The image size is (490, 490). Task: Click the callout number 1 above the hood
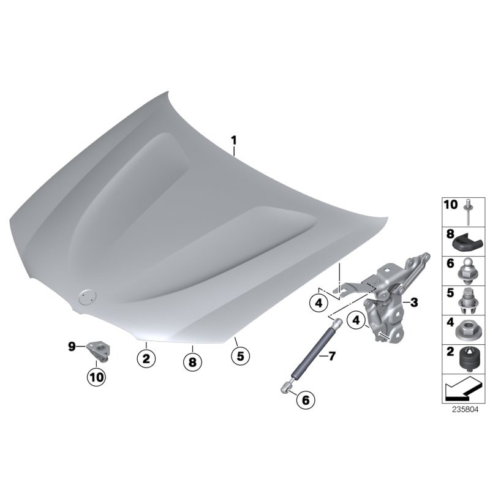coord(233,141)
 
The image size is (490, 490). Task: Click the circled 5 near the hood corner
coord(240,355)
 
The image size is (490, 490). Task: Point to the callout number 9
coord(72,347)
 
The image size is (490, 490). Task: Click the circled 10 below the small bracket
coord(96,378)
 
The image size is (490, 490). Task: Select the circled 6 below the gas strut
coord(305,400)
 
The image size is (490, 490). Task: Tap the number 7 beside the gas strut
coord(331,356)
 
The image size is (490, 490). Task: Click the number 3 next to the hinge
coord(414,302)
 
